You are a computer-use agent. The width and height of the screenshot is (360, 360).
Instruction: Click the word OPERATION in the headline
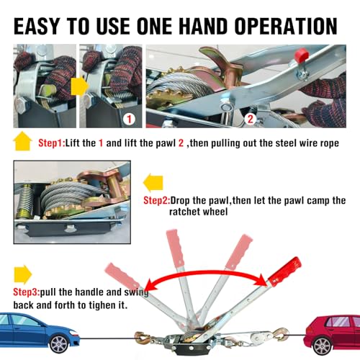click(286, 26)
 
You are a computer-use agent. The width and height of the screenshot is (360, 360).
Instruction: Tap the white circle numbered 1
click(129, 119)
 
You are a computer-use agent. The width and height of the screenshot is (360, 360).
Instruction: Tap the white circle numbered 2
click(251, 119)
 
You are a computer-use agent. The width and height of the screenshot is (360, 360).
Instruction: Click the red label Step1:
click(52, 143)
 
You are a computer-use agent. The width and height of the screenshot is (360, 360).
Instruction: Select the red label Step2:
click(157, 200)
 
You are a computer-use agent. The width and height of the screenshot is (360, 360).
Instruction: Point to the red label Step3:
click(27, 292)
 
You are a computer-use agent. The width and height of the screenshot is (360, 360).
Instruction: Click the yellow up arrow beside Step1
click(23, 141)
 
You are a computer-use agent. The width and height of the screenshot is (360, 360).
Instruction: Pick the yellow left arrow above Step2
click(153, 183)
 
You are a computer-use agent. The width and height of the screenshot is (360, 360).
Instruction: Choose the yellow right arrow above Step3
click(23, 274)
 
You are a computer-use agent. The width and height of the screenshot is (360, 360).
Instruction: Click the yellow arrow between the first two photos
click(80, 86)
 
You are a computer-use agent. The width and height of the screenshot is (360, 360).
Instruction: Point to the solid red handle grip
click(284, 271)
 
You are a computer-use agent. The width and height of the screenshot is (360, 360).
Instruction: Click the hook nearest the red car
click(281, 335)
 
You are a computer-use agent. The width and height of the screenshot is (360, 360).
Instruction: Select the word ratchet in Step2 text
click(185, 212)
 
